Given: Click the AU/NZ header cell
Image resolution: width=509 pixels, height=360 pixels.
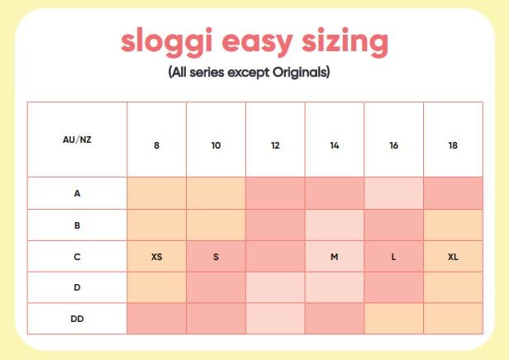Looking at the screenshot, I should click(77, 140).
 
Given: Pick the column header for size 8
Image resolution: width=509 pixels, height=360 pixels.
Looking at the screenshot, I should click(156, 145).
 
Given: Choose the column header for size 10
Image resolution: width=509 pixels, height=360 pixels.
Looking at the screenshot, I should click(216, 145).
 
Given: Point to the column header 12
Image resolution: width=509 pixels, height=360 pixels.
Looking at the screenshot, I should click(275, 145).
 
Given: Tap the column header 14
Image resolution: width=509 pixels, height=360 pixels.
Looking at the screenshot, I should click(334, 145).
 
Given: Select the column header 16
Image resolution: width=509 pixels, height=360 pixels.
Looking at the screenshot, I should click(393, 145).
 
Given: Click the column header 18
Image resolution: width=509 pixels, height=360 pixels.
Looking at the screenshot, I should click(453, 145).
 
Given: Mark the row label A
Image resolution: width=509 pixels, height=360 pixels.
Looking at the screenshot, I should click(77, 193).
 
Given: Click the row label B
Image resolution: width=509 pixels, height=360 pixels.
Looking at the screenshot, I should click(77, 225).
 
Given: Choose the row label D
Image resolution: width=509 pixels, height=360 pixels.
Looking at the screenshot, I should click(77, 287).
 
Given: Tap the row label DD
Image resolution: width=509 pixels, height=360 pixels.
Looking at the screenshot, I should click(77, 319).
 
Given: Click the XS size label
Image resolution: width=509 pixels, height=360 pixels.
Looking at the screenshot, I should click(156, 257).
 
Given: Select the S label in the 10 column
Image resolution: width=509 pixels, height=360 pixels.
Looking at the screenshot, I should click(216, 257).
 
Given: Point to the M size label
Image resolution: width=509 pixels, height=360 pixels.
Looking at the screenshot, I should click(334, 257).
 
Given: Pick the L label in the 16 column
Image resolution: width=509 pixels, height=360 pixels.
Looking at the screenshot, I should click(393, 257).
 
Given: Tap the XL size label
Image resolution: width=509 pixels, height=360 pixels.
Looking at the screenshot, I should click(453, 257).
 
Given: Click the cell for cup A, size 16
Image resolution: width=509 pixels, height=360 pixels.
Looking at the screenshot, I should click(393, 193).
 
